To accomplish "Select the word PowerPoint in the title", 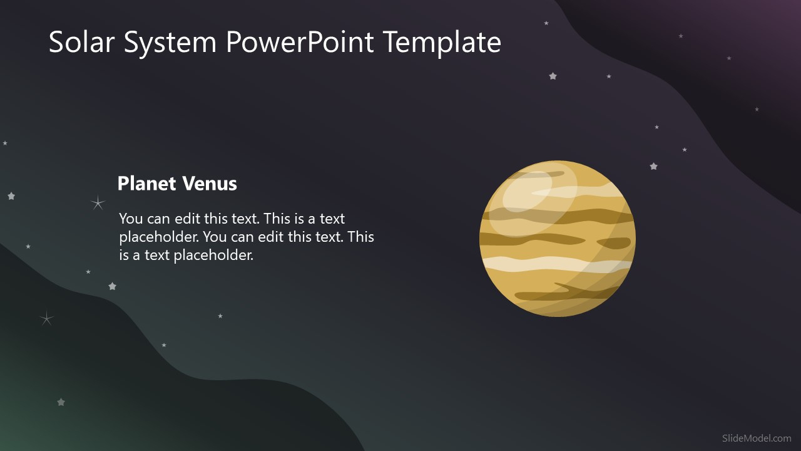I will click(300, 43).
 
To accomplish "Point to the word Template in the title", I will click(442, 43).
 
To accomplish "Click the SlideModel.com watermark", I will click(756, 438).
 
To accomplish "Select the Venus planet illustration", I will click(558, 239).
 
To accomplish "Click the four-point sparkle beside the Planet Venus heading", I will click(98, 202).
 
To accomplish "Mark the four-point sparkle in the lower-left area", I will click(46, 319).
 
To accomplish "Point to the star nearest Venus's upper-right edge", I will click(653, 167).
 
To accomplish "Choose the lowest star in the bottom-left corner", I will click(61, 402).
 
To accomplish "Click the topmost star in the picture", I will click(546, 23).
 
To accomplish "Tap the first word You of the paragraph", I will click(131, 219).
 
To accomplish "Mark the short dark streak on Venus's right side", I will click(613, 243).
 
